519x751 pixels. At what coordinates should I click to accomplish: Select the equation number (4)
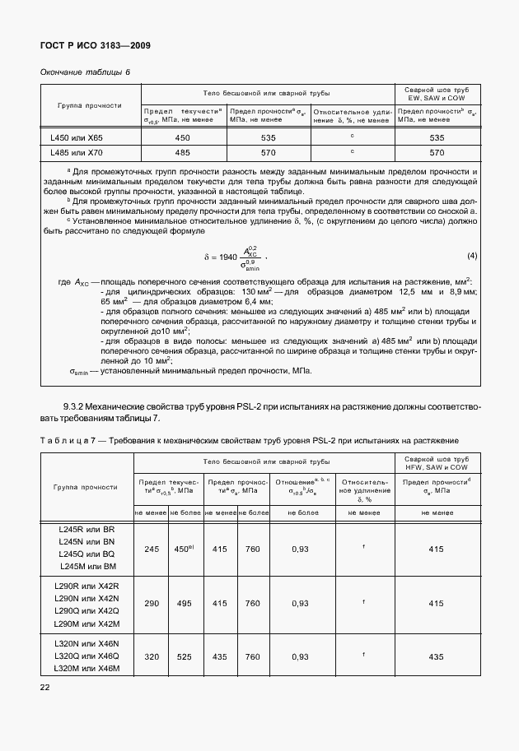click(x=472, y=255)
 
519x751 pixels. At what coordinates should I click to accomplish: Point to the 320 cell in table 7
click(x=151, y=656)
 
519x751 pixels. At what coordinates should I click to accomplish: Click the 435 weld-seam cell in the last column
click(x=437, y=656)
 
